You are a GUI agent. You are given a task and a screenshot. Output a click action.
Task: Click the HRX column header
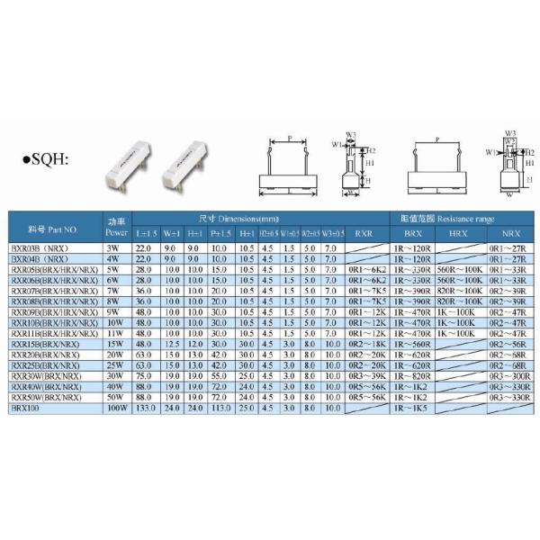click(457, 233)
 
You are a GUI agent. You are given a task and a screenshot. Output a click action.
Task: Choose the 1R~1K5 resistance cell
click(409, 408)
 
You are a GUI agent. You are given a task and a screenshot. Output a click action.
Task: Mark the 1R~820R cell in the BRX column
click(409, 375)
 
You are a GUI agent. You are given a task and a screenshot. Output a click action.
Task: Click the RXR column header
click(364, 233)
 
